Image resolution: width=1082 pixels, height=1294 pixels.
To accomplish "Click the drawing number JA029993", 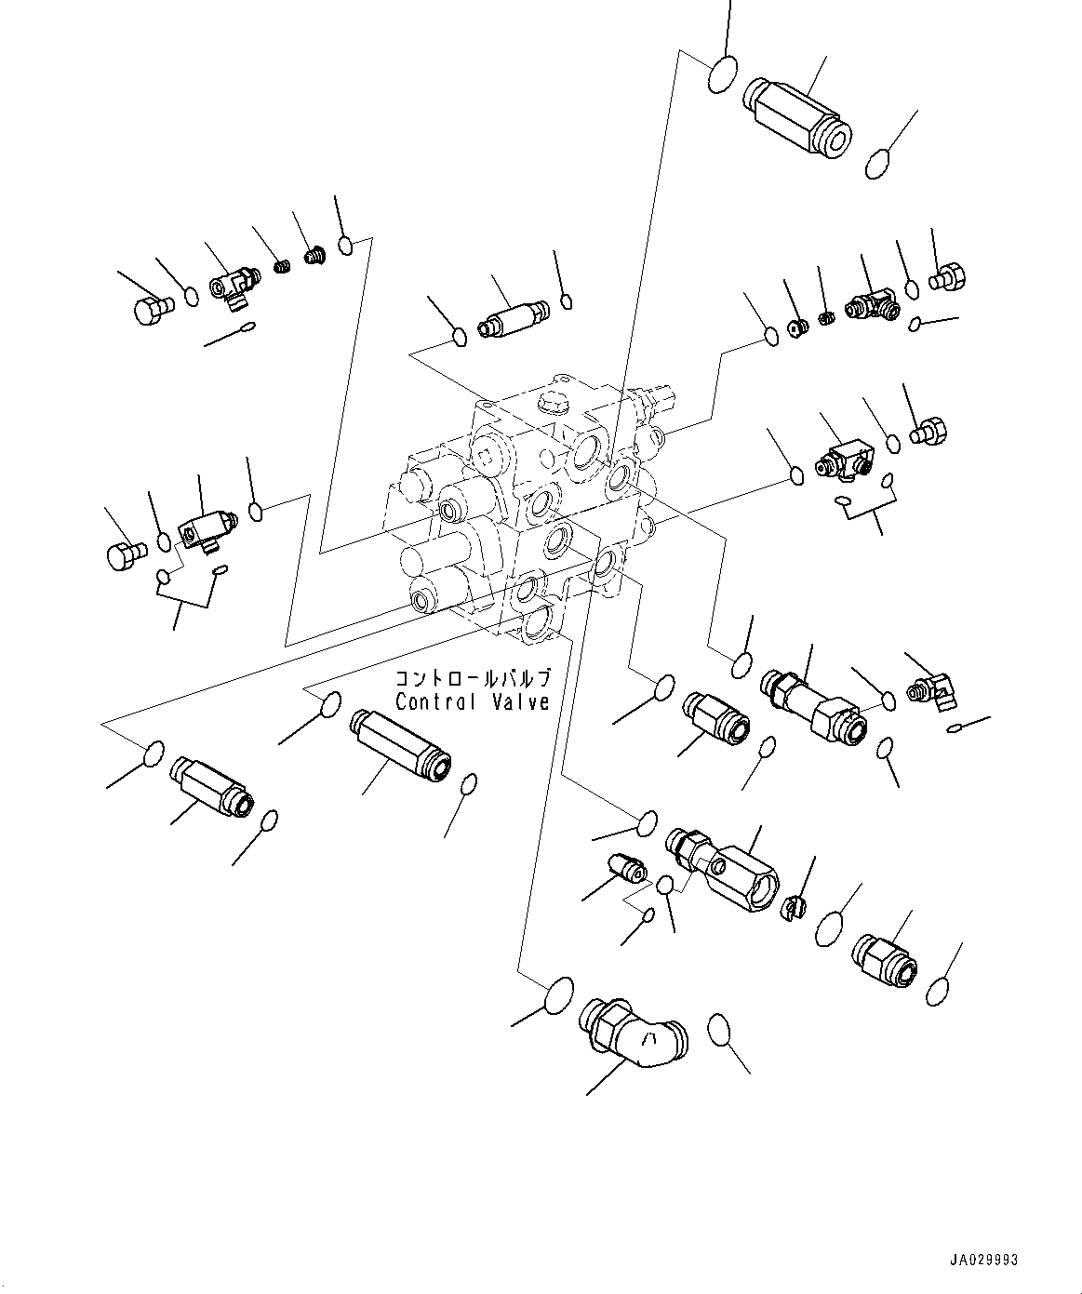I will point(983,1261).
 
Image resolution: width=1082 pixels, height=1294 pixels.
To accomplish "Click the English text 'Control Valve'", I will point(472,702).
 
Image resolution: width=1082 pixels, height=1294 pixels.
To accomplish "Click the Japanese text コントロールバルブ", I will point(473,678).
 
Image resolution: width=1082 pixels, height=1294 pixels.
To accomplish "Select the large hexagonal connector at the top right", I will point(795,112).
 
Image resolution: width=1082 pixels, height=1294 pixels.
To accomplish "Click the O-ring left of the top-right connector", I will point(722,74).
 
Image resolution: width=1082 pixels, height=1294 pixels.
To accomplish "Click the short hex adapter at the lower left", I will point(211,784).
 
